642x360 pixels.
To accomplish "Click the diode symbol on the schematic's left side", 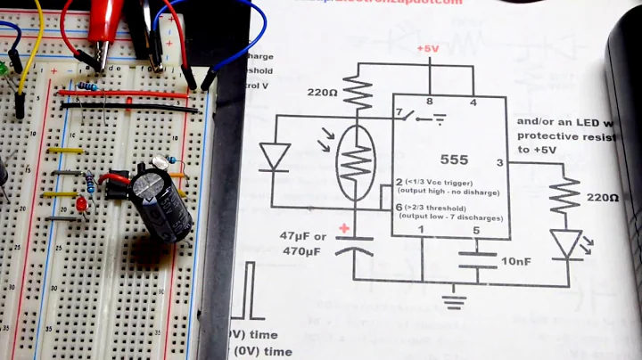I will pyautogui.click(x=273, y=157).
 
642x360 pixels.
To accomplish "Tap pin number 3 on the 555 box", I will pyautogui.click(x=499, y=163).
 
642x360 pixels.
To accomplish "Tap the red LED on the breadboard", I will pyautogui.click(x=81, y=206).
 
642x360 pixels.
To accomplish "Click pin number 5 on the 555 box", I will pyautogui.click(x=475, y=232).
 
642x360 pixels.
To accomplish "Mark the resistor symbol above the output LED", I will pyautogui.click(x=564, y=197).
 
